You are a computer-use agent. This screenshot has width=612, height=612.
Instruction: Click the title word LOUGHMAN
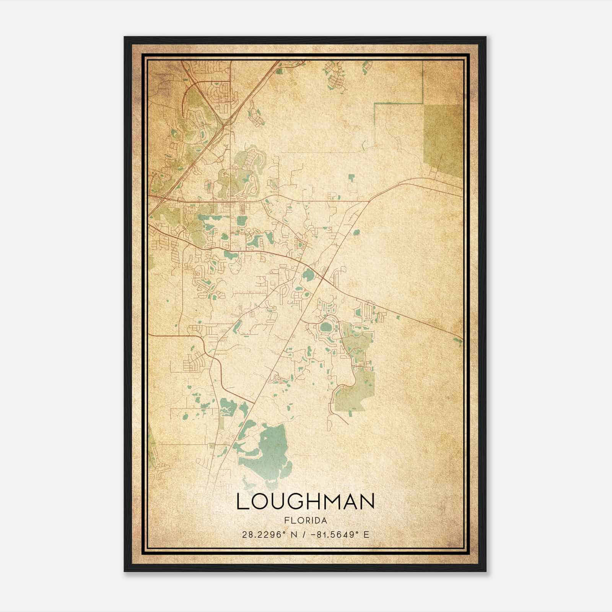[x=305, y=501]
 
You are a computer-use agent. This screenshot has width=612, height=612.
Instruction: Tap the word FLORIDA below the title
[x=305, y=521]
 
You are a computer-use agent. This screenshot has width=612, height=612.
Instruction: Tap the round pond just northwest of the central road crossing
[x=308, y=274]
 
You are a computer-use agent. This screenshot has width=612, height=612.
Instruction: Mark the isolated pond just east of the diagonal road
[x=356, y=232]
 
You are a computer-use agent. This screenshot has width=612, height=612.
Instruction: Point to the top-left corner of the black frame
[x=125, y=37]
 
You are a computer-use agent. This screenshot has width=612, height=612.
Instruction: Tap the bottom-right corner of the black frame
[x=485, y=571]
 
